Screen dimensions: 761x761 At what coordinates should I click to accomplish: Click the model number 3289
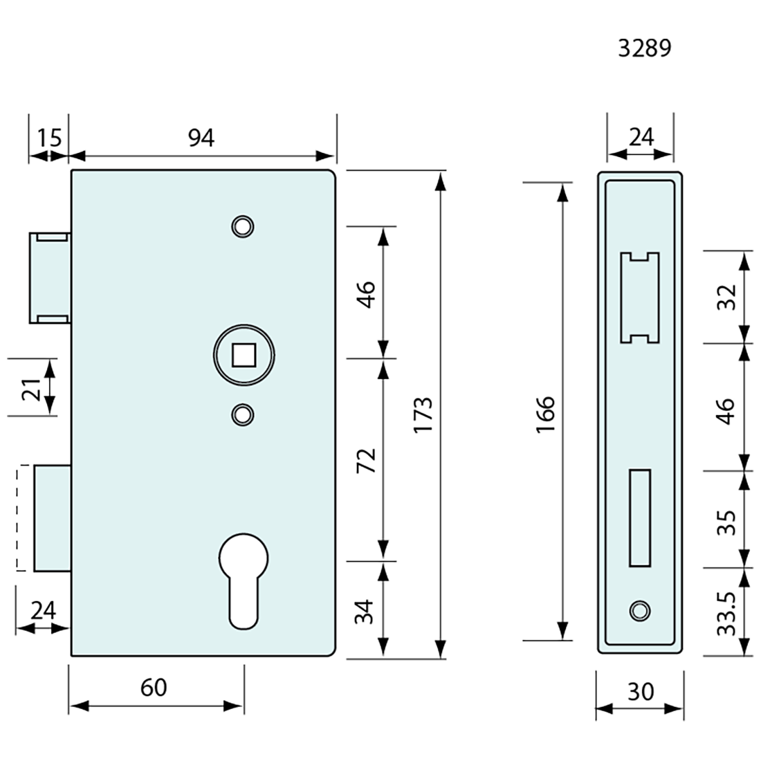(x=644, y=48)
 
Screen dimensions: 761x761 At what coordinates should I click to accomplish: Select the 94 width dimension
(x=201, y=138)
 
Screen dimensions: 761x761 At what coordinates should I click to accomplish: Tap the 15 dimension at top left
(x=49, y=138)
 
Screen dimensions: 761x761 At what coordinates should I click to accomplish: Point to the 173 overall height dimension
(x=423, y=414)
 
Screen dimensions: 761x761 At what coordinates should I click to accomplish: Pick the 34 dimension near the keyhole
(x=365, y=611)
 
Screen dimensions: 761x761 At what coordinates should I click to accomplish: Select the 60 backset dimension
(x=154, y=688)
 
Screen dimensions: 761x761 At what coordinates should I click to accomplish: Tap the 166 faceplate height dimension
(x=545, y=414)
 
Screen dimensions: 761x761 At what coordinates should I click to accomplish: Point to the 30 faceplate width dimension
(x=639, y=690)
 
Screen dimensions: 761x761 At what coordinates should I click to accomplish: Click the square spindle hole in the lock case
(x=242, y=356)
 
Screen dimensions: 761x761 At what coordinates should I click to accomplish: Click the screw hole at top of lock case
(x=242, y=226)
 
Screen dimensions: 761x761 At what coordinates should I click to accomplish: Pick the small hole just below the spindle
(x=242, y=414)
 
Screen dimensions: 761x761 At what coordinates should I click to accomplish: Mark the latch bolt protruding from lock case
(x=49, y=278)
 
